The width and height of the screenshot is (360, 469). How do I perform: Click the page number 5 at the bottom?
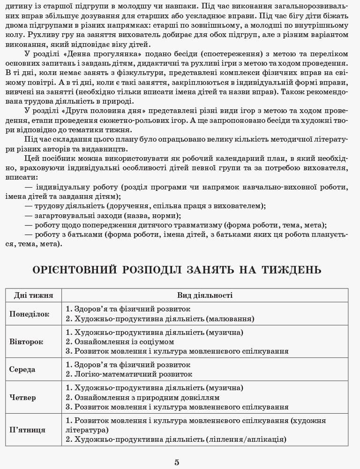tap(177, 462)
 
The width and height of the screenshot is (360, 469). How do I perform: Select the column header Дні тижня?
tap(33, 295)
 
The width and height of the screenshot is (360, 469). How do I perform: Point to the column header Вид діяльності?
tap(205, 295)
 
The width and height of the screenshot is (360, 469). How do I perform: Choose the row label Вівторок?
tap(26, 341)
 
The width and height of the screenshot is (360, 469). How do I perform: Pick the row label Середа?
tap(22, 369)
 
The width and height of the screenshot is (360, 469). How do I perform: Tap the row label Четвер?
tap(22, 397)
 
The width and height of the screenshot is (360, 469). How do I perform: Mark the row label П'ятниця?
tap(27, 430)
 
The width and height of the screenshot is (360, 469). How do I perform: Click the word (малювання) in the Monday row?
tap(230, 319)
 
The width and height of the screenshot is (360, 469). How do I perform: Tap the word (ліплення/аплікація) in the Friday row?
tap(246, 439)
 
